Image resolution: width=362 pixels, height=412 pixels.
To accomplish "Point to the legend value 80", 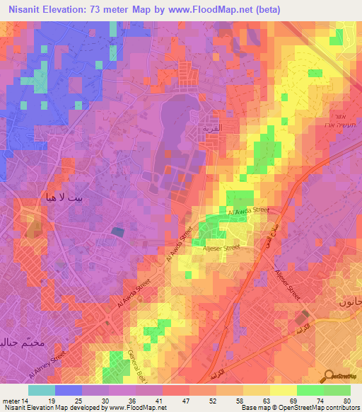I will coord(346,400).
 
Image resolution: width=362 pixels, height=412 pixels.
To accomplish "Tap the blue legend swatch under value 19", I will coord(69,390).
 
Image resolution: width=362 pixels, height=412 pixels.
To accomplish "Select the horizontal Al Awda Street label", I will coord(248,211).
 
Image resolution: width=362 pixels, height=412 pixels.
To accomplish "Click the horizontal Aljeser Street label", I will coord(221,248).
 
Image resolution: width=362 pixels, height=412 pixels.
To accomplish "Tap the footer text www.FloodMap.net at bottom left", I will coord(140,408).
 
